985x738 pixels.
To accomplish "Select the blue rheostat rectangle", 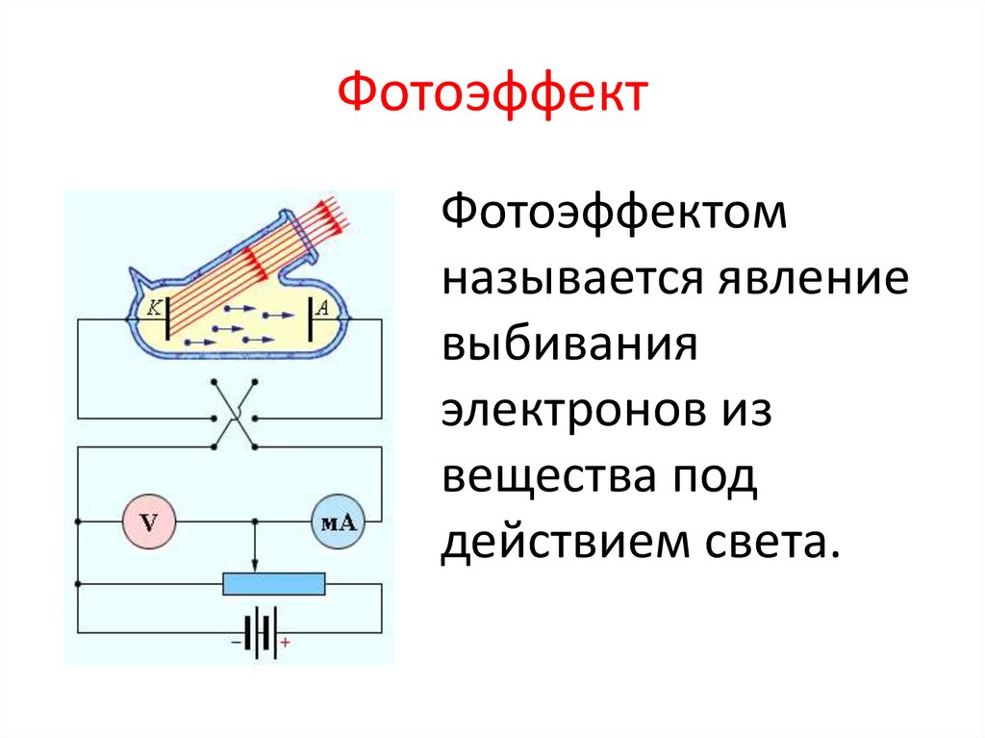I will [274, 584].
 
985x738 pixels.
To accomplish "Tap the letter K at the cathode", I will [153, 308].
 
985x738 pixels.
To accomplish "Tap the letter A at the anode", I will [322, 308].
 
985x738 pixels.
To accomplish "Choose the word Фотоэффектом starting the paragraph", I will [615, 214].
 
